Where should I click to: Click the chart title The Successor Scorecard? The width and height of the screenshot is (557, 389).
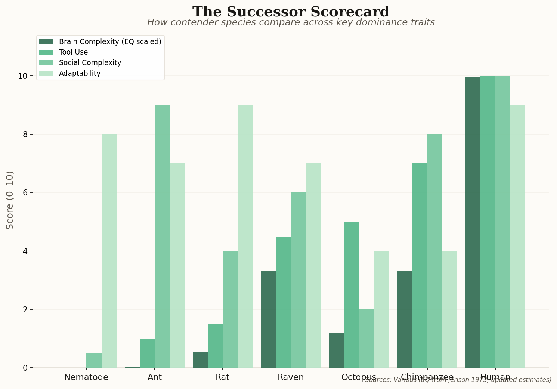tap(291, 12)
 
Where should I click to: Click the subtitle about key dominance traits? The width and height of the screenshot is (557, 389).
tap(291, 23)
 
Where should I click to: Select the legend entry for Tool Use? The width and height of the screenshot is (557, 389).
tap(73, 52)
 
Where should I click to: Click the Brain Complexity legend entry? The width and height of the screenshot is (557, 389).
tap(110, 41)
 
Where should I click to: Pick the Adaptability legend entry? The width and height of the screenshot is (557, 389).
tap(80, 74)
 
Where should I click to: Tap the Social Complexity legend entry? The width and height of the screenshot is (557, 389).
tap(90, 63)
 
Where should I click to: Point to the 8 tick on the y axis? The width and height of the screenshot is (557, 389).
tap(25, 135)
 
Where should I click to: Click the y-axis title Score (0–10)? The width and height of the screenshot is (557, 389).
tap(10, 200)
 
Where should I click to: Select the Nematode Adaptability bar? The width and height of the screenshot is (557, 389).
tap(109, 251)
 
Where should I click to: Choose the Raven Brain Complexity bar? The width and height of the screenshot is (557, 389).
tap(268, 319)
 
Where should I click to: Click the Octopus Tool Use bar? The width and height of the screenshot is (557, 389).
tap(351, 295)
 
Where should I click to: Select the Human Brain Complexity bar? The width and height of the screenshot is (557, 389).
tap(473, 222)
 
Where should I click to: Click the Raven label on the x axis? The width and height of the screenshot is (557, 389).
tap(291, 377)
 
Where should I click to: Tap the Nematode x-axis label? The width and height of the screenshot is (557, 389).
tap(86, 377)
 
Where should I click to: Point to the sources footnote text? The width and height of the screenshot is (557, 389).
tap(458, 380)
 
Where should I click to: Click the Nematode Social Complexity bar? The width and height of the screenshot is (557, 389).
tap(94, 361)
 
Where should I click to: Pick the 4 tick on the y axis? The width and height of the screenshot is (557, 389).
tap(25, 251)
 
